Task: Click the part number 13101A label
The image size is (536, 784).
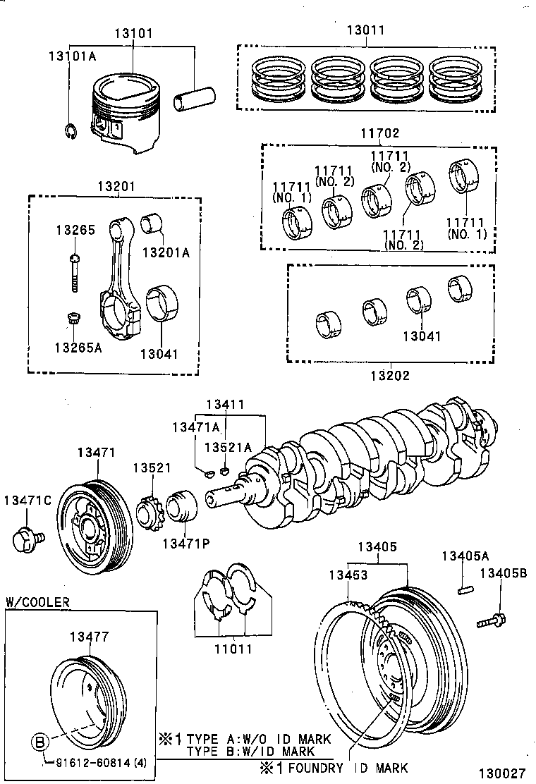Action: click(x=71, y=56)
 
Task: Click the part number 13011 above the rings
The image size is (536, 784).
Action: click(x=365, y=31)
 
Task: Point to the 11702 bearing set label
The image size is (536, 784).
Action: click(x=382, y=133)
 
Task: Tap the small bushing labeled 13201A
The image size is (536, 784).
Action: click(x=152, y=224)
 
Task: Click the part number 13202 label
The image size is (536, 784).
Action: click(x=391, y=375)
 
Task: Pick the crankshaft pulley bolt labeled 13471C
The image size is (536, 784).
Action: click(x=26, y=539)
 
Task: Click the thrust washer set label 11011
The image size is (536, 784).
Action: click(x=233, y=649)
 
